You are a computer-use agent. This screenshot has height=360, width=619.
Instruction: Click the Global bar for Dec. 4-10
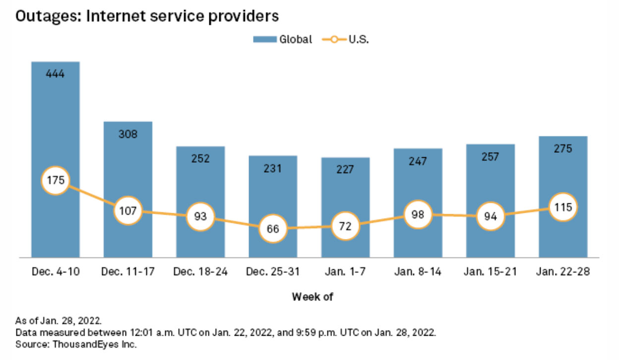(56, 124)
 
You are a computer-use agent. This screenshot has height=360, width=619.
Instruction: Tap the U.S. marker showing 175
(56, 180)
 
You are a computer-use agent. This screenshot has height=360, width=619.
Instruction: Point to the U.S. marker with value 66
(273, 229)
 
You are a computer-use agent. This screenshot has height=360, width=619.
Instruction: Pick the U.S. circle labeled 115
(563, 207)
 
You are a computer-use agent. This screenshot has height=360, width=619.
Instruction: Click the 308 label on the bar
(128, 134)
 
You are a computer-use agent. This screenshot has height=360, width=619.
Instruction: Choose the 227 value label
(345, 170)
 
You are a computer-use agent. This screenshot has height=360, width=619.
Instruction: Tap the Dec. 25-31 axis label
(273, 272)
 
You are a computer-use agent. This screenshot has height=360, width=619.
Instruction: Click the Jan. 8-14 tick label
(418, 272)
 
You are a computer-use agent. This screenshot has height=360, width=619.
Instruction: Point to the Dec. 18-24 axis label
(200, 272)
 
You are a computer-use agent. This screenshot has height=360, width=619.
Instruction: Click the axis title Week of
(312, 297)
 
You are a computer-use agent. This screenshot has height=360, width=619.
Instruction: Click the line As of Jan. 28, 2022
(59, 321)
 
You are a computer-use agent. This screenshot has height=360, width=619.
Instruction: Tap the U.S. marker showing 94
(491, 216)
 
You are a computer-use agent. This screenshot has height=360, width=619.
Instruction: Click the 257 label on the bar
(491, 157)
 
